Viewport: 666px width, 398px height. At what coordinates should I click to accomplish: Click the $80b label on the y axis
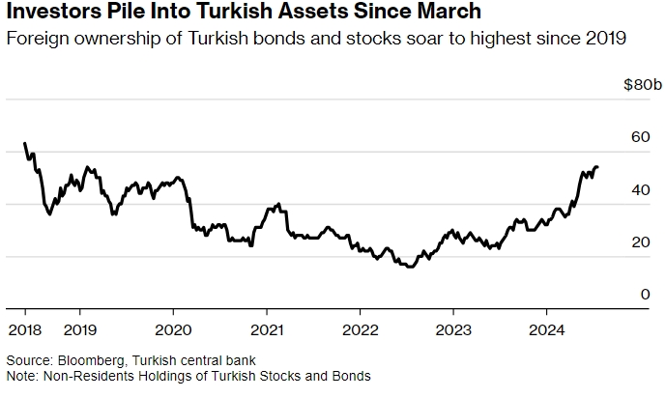pos(641,86)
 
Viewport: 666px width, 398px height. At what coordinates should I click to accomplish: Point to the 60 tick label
pos(641,138)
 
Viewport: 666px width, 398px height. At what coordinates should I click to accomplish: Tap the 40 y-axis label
pos(641,190)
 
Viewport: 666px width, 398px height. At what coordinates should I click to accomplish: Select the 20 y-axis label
pos(641,242)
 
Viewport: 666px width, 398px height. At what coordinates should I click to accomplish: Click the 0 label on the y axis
pos(646,295)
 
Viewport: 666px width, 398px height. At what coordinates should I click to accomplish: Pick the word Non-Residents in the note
pos(82,375)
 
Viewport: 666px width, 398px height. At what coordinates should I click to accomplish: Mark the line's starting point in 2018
pos(24,144)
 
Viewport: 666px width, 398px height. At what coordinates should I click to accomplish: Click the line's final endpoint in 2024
pos(597,167)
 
